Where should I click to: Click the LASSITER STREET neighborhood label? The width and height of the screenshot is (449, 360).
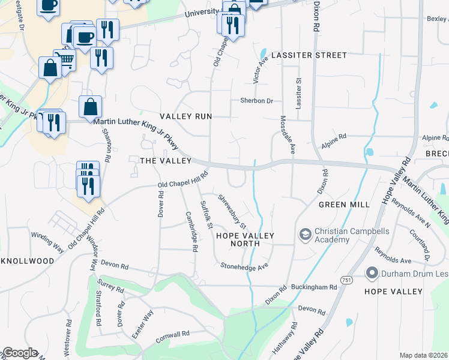point(309,55)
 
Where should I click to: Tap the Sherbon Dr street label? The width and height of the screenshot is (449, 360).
point(257,101)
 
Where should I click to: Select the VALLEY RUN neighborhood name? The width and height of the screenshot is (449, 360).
point(185,116)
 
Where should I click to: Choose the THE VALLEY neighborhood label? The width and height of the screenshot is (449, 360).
point(165,161)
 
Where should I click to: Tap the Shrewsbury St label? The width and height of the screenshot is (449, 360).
point(232,211)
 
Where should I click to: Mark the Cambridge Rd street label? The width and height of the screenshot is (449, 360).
point(191,231)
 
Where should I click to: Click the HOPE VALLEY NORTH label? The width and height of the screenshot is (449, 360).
point(238,239)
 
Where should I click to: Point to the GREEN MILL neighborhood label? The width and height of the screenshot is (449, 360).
point(344,205)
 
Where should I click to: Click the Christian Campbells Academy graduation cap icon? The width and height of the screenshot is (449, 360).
point(305,233)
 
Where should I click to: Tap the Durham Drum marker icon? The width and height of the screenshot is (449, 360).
point(371,274)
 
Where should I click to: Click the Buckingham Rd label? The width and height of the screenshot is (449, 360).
point(314,287)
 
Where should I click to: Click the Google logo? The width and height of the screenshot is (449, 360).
point(20,353)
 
